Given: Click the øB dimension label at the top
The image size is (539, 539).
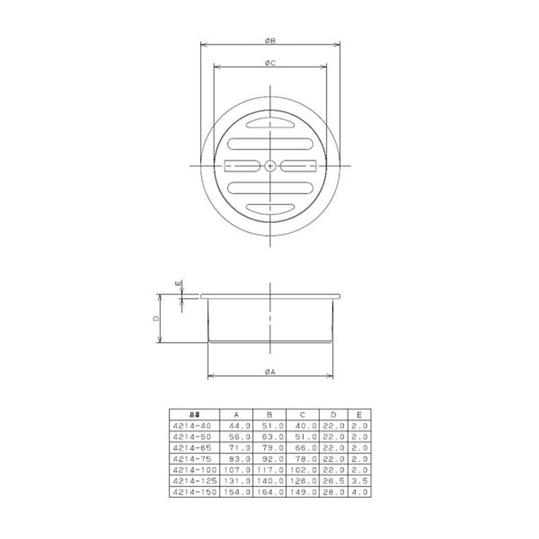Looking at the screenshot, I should click(x=269, y=41).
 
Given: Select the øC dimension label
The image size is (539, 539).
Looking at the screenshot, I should click(x=269, y=63).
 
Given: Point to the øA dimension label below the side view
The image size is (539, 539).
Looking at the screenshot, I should click(x=269, y=371).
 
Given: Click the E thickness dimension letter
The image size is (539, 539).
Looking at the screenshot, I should click(x=178, y=284).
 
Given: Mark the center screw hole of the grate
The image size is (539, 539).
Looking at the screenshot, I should click(x=269, y=165).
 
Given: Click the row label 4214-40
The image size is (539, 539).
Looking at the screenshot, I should click(x=192, y=426).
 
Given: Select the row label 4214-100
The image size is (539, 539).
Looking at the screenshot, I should click(x=192, y=470).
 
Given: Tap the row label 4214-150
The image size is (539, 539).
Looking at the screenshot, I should click(x=192, y=492).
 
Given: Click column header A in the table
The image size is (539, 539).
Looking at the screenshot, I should click(x=236, y=415).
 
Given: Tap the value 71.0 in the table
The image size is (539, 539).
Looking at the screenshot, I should click(x=240, y=448).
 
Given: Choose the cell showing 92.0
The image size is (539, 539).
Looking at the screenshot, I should click(x=273, y=459).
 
